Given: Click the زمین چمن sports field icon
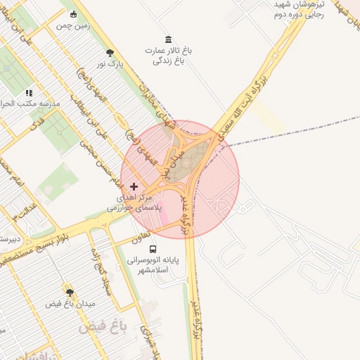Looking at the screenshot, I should [73, 14].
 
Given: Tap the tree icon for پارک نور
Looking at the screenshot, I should [110, 52].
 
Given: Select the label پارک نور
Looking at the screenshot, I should [110, 64].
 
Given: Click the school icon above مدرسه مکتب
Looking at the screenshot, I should [29, 92].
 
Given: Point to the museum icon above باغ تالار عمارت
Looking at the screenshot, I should [168, 39].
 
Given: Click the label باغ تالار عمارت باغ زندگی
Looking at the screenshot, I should [169, 56].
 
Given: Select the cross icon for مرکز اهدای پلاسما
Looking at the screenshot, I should [134, 186].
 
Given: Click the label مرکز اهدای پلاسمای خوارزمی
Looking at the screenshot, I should [135, 203].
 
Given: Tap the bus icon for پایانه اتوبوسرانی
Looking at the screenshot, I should [153, 248].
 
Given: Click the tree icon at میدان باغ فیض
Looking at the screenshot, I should [70, 292].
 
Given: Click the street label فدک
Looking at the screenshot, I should [35, 124].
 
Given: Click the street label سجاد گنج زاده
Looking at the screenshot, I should [99, 270].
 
